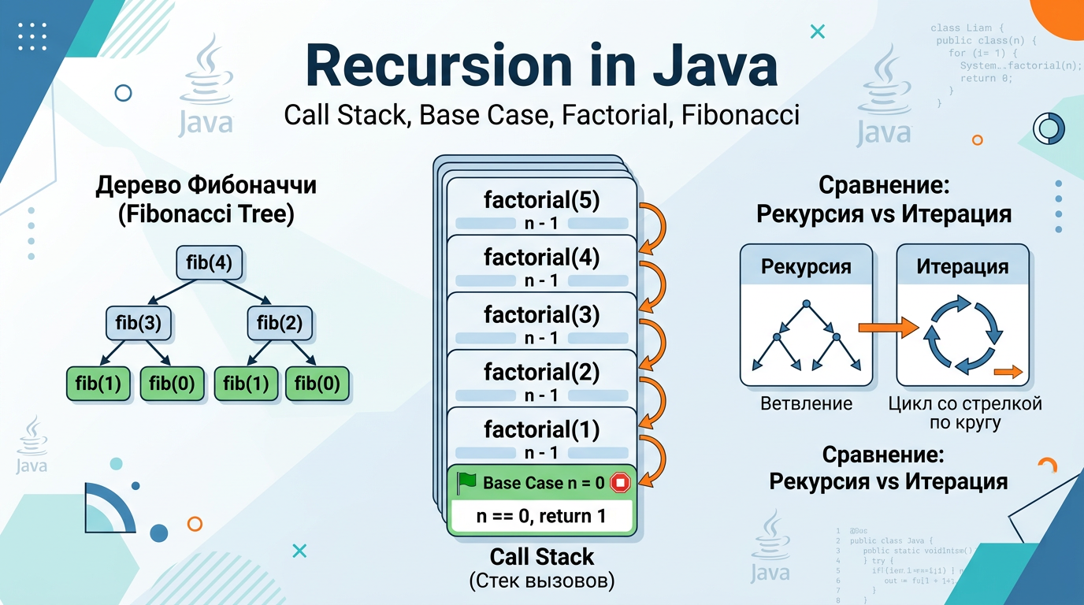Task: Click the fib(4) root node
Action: [209, 262]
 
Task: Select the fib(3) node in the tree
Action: [139, 323]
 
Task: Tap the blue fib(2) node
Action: [279, 323]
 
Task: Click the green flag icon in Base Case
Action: [467, 482]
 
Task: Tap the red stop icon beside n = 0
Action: [621, 483]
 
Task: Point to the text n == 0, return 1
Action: [541, 517]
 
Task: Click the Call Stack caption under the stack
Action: [541, 557]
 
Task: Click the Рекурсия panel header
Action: [806, 266]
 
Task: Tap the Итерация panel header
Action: [963, 266]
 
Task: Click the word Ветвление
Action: [806, 404]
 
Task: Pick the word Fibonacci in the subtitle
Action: [741, 115]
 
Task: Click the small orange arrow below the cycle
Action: [1008, 372]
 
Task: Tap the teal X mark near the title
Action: [817, 32]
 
